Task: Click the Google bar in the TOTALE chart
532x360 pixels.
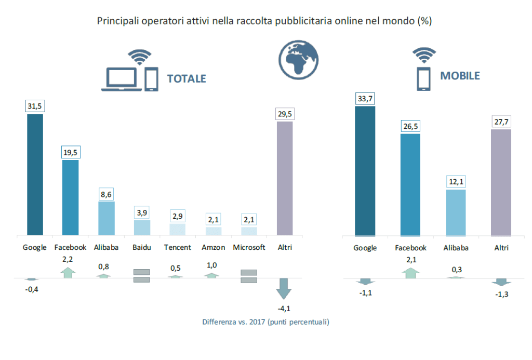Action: pos(35,175)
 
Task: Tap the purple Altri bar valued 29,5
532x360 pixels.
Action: pos(285,178)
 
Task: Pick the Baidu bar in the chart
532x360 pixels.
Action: pos(142,228)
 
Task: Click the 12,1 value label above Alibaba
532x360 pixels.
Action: pos(456,182)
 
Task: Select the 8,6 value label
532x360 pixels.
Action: pos(107,194)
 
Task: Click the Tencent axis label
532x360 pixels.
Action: pos(177,247)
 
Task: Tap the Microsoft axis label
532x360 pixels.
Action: pos(249,247)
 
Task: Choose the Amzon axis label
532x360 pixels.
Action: pos(213,247)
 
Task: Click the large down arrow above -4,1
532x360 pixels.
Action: pos(284,289)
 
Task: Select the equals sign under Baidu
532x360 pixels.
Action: pos(142,276)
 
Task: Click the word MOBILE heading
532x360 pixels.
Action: pos(460,76)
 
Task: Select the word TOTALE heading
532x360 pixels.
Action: pos(187,79)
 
